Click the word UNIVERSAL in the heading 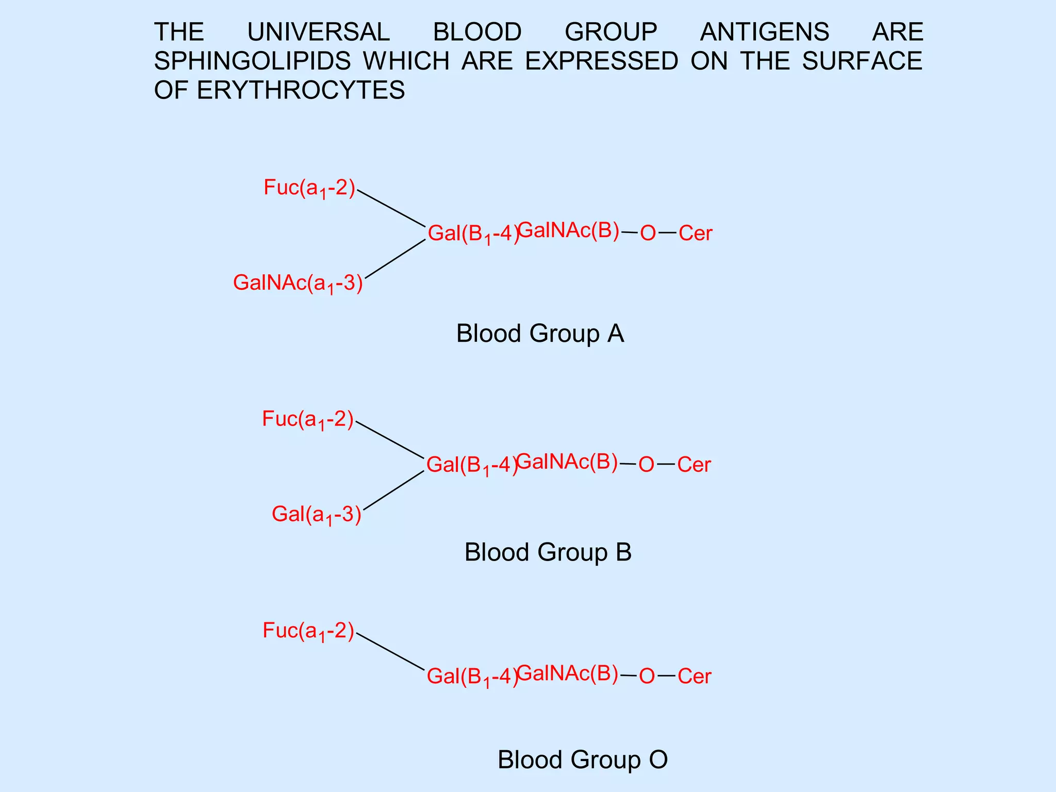tap(318, 32)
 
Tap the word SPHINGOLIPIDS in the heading tap(252, 61)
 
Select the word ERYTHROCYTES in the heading tap(301, 90)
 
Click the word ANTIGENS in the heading tap(764, 32)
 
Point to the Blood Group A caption tap(540, 334)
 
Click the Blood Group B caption tap(548, 552)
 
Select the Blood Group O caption tap(582, 760)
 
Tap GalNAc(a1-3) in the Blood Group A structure tap(298, 284)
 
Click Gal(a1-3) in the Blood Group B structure tap(317, 515)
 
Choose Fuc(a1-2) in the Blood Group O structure tap(308, 631)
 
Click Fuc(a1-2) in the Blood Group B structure tap(308, 420)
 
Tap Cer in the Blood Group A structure tap(695, 234)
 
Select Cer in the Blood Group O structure tap(694, 676)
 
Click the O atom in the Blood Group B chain tap(646, 465)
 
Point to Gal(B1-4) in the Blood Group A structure tap(473, 234)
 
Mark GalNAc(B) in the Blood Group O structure tap(567, 673)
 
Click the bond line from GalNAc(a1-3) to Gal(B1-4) tap(395, 259)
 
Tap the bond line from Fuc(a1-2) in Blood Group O tap(390, 652)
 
